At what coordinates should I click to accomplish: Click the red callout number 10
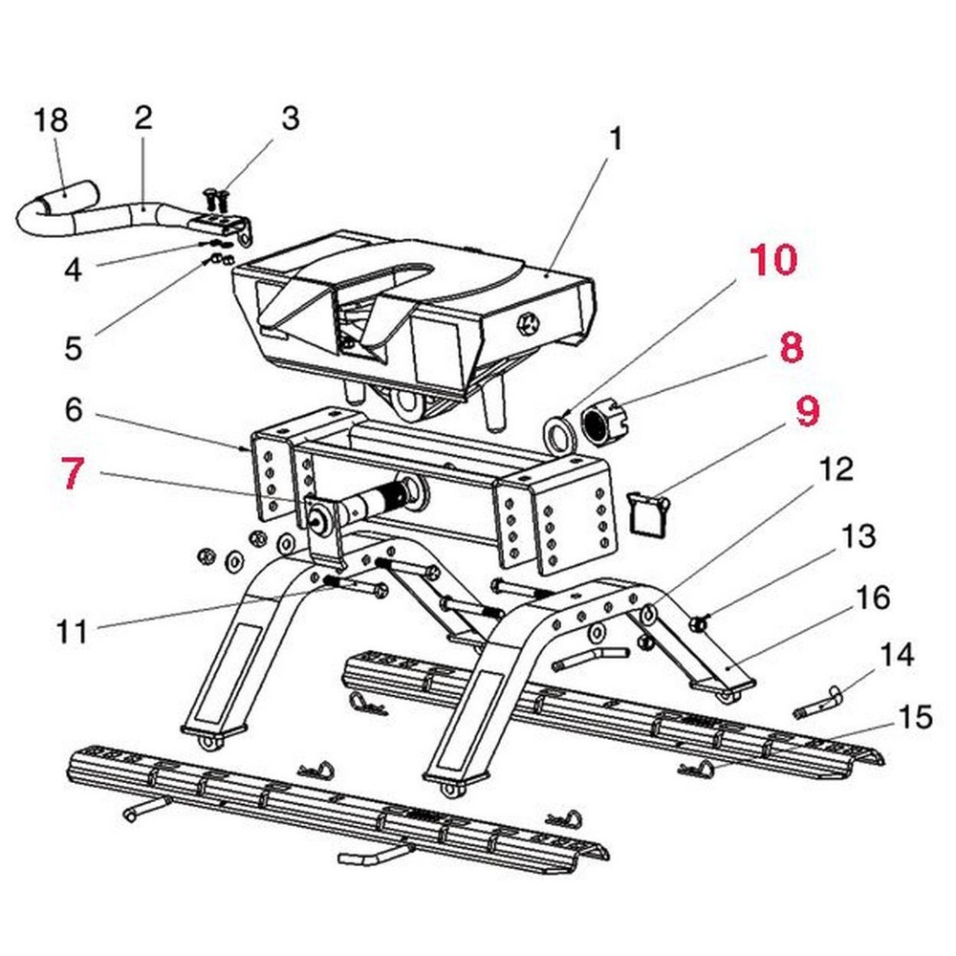(x=773, y=260)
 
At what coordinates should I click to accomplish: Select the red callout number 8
(x=791, y=348)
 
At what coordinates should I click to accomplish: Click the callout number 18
(x=52, y=121)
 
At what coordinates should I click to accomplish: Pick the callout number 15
(x=916, y=717)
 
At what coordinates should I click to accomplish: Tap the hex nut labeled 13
(x=699, y=624)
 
